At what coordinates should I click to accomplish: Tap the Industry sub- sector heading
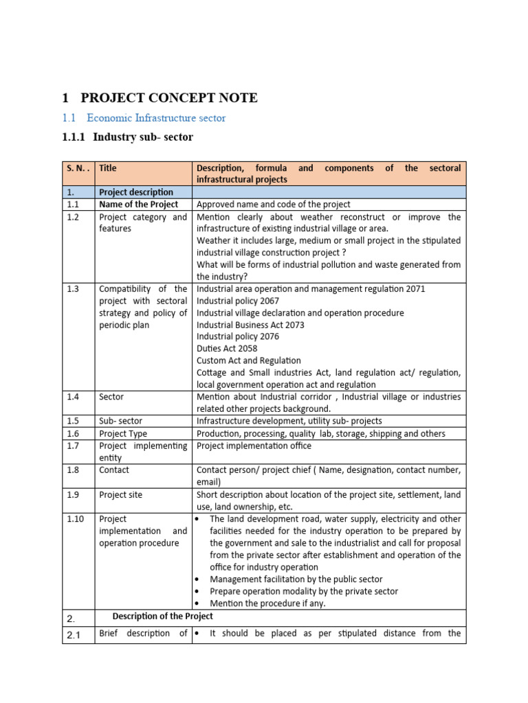[x=127, y=137]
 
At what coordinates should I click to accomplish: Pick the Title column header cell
[x=107, y=168]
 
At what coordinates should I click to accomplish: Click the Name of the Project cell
[x=138, y=205]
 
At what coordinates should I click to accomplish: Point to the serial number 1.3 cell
[x=74, y=289]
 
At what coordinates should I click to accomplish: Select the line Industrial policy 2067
[x=238, y=301]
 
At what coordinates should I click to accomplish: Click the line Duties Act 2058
[x=227, y=349]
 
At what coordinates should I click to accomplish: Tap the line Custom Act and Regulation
[x=249, y=360]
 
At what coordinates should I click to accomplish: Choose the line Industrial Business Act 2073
[x=250, y=325]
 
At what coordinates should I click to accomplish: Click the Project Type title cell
[x=123, y=434]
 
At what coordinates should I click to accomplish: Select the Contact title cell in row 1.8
[x=114, y=470]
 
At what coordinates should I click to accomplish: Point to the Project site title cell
[x=121, y=495]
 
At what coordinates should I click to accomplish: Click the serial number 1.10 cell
[x=76, y=520]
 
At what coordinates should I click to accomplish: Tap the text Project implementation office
[x=254, y=446]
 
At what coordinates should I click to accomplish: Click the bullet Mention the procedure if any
[x=267, y=603]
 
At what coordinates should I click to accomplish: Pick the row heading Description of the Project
[x=162, y=616]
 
